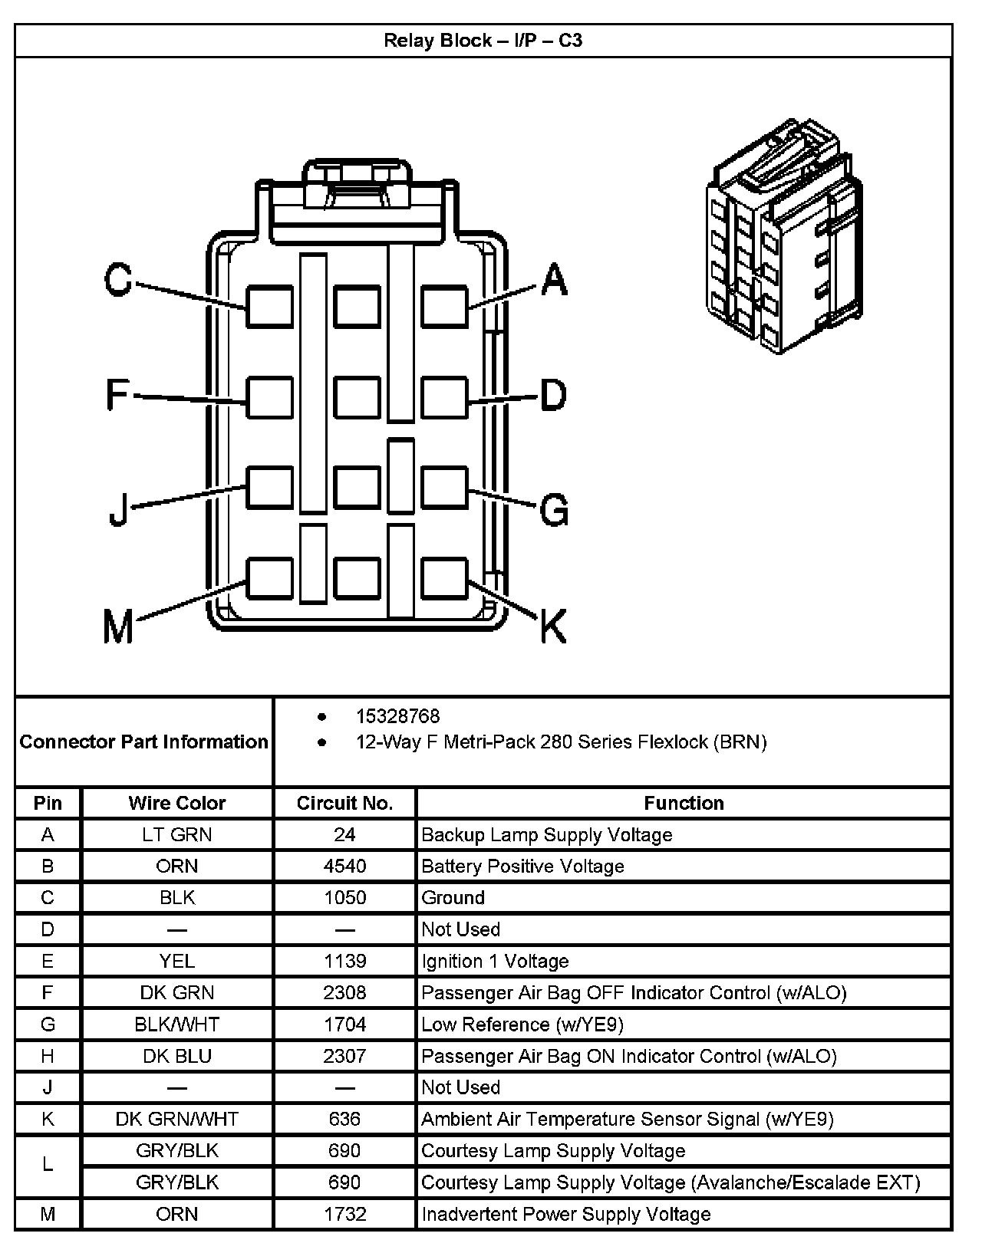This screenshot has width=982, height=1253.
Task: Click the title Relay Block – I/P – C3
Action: tap(483, 40)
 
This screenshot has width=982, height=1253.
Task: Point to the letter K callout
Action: tap(552, 626)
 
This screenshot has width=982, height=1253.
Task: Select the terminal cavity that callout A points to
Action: tap(444, 307)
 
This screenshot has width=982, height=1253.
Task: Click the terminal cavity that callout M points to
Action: tap(269, 578)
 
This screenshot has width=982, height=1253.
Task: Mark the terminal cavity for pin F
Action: tap(269, 398)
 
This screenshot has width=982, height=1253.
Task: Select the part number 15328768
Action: tap(397, 716)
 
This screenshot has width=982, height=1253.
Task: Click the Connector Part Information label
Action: tap(143, 742)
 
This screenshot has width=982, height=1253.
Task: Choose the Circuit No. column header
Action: tap(344, 803)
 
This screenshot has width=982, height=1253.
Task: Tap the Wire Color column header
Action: tap(176, 803)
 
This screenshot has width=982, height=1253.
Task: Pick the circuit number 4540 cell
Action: tap(344, 866)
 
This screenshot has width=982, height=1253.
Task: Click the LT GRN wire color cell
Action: tap(176, 834)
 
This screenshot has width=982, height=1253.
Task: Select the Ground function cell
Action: tap(453, 897)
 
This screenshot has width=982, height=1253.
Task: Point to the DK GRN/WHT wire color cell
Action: tap(176, 1119)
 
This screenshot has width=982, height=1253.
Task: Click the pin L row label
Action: tap(48, 1165)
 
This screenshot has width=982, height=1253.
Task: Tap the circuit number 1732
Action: tap(344, 1214)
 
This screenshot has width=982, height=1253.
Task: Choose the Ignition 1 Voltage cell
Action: tap(495, 961)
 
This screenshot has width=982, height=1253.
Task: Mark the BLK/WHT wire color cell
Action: tap(176, 1024)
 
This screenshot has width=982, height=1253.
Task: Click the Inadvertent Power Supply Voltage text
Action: tap(566, 1214)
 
